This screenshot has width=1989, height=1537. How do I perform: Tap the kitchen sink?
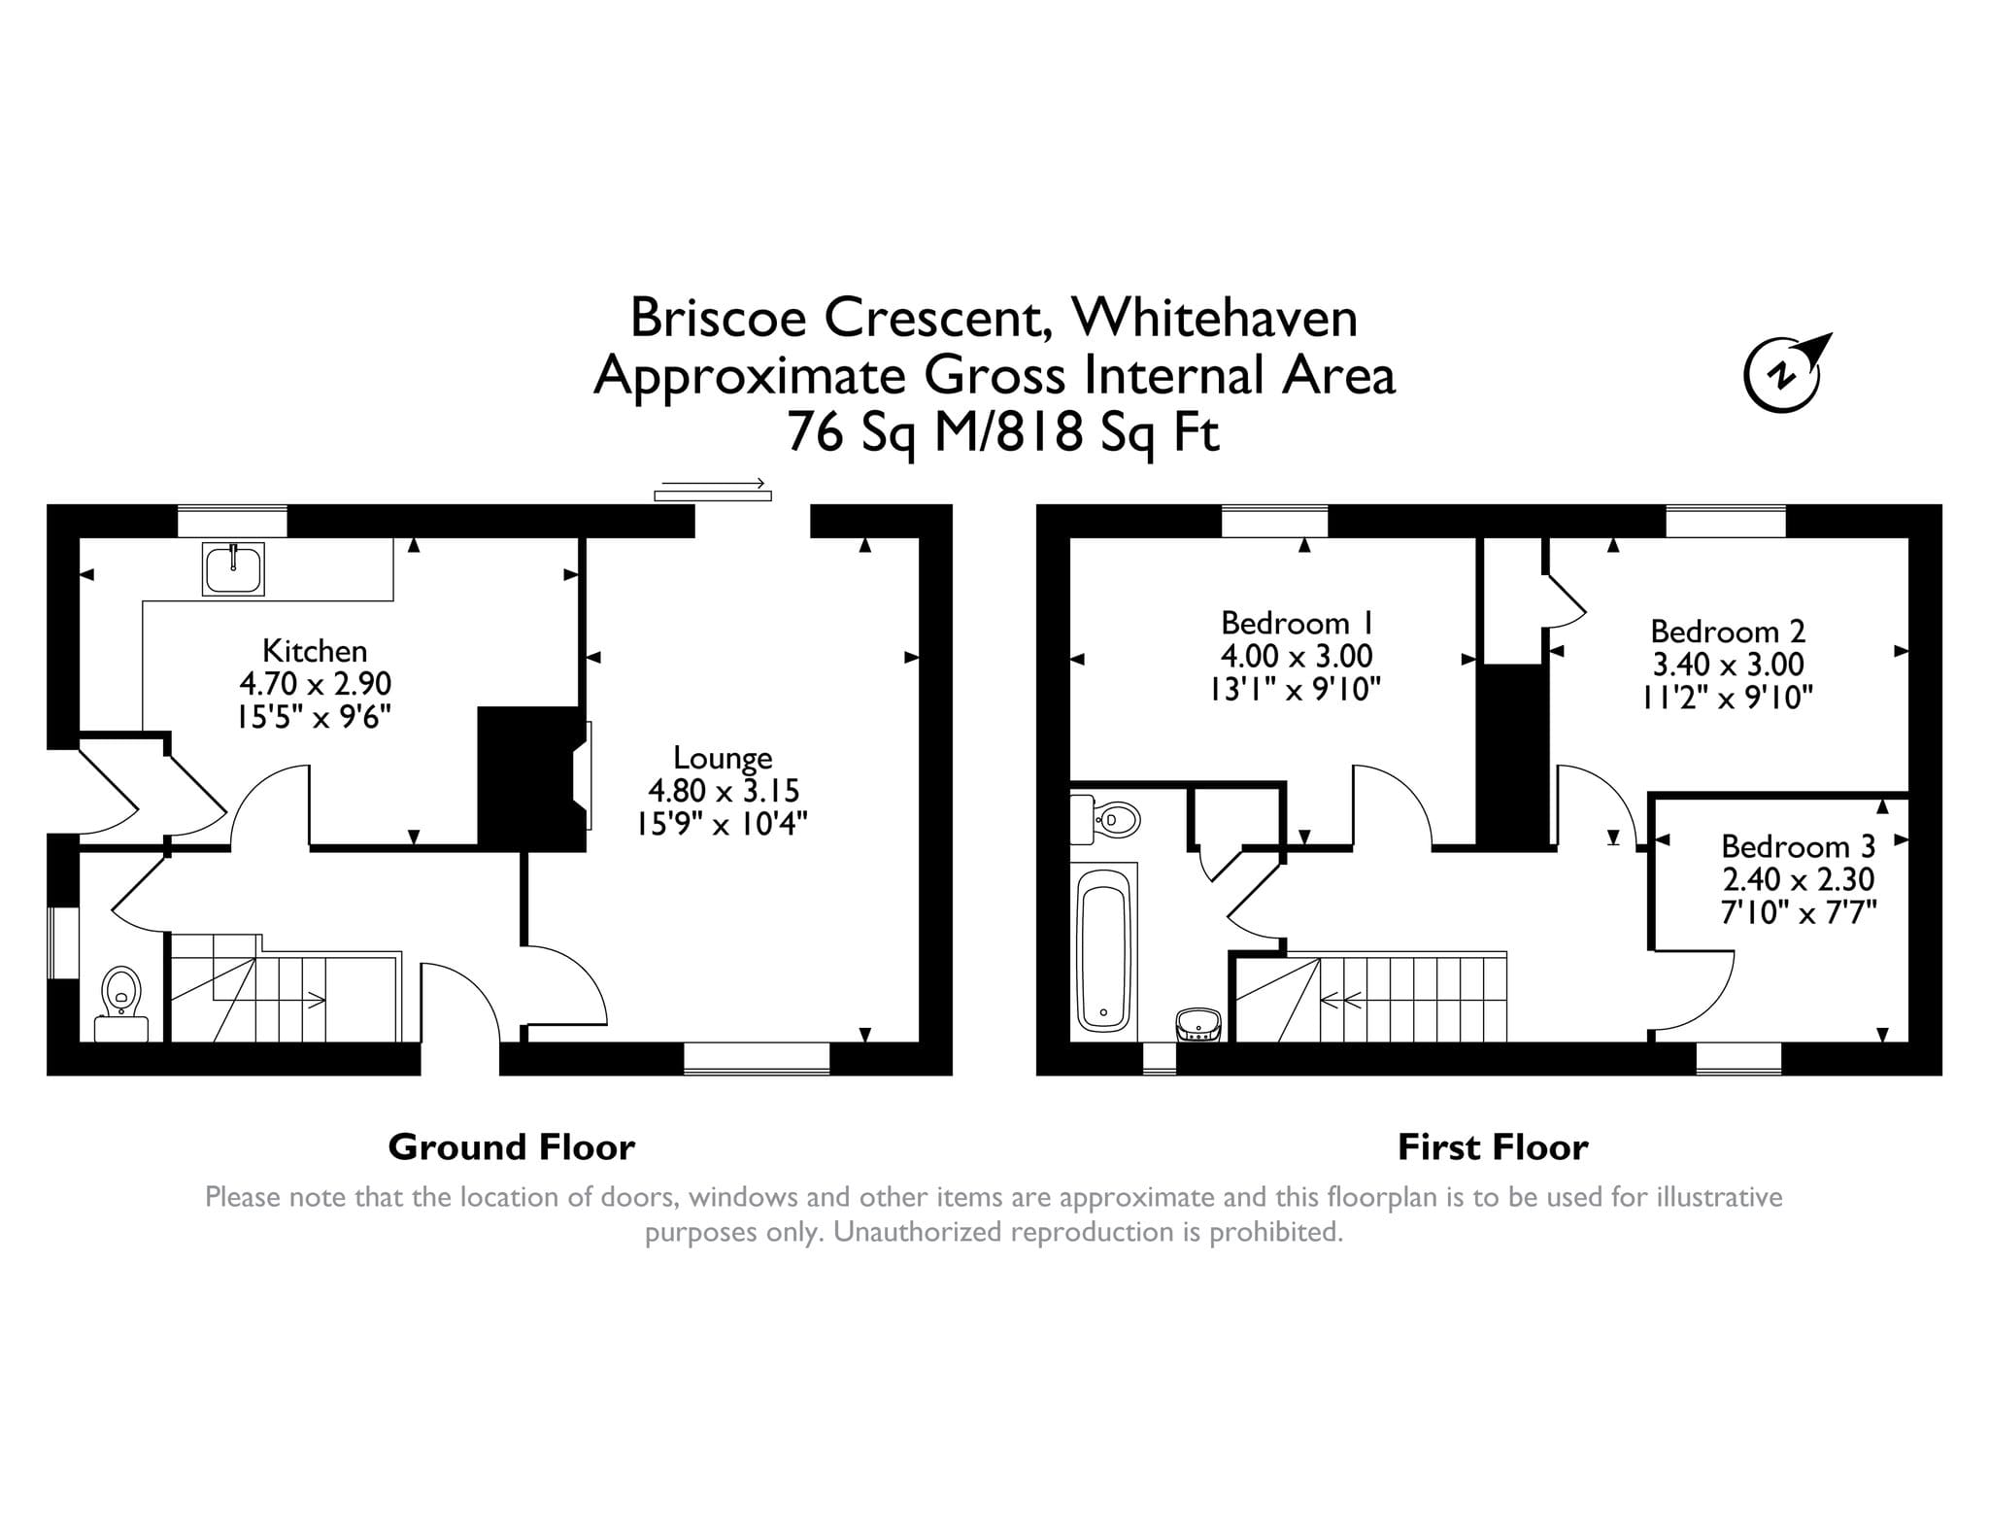(233, 568)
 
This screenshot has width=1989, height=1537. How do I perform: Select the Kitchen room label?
(315, 650)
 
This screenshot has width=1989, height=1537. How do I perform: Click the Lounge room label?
(723, 758)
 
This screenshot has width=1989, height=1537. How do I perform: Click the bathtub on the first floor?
(1104, 950)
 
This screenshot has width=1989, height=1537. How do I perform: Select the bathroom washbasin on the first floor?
(1198, 1024)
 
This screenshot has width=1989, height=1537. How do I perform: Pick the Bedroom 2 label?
(1728, 632)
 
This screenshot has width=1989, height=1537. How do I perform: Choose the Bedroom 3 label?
(1798, 846)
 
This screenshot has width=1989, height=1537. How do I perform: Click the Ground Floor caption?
(511, 1147)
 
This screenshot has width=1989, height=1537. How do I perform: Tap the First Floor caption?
(1493, 1147)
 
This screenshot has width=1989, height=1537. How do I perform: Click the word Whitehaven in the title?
(1214, 318)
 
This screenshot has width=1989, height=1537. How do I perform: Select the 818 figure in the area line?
(1039, 431)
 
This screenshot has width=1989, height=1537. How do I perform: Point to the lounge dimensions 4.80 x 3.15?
(723, 791)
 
